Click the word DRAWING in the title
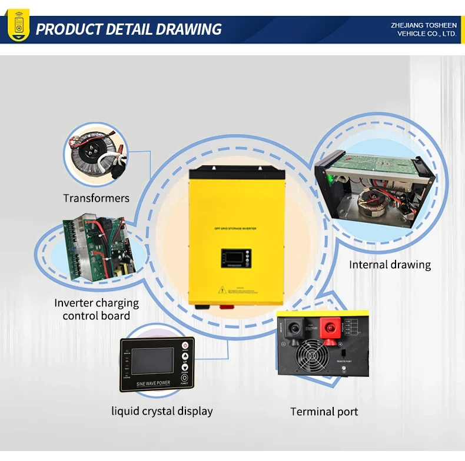191,29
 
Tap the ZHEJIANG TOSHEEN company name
423,25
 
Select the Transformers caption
96,198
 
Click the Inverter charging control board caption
97,309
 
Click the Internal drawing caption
390,265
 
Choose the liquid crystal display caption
162,411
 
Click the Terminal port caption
324,412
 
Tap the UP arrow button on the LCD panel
185,357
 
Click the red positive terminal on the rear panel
328,329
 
